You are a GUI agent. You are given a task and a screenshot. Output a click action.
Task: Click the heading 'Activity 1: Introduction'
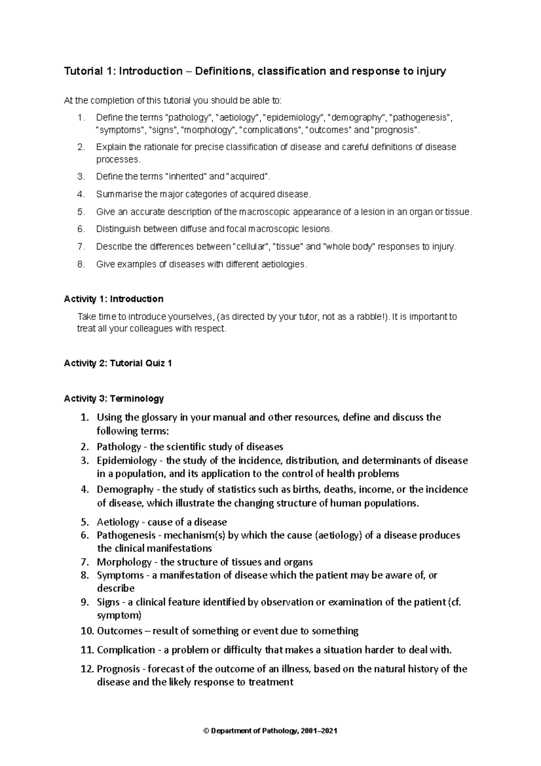coord(114,299)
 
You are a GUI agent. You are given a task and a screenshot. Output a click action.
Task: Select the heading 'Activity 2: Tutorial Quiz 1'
coord(118,364)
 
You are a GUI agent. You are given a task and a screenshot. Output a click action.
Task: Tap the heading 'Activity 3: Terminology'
coord(114,399)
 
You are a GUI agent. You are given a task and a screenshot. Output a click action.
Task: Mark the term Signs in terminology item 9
coord(108,602)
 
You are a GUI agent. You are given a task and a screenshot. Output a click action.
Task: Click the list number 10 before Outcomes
coord(87,631)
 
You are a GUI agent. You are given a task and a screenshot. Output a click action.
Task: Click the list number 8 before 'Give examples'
coord(81,265)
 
